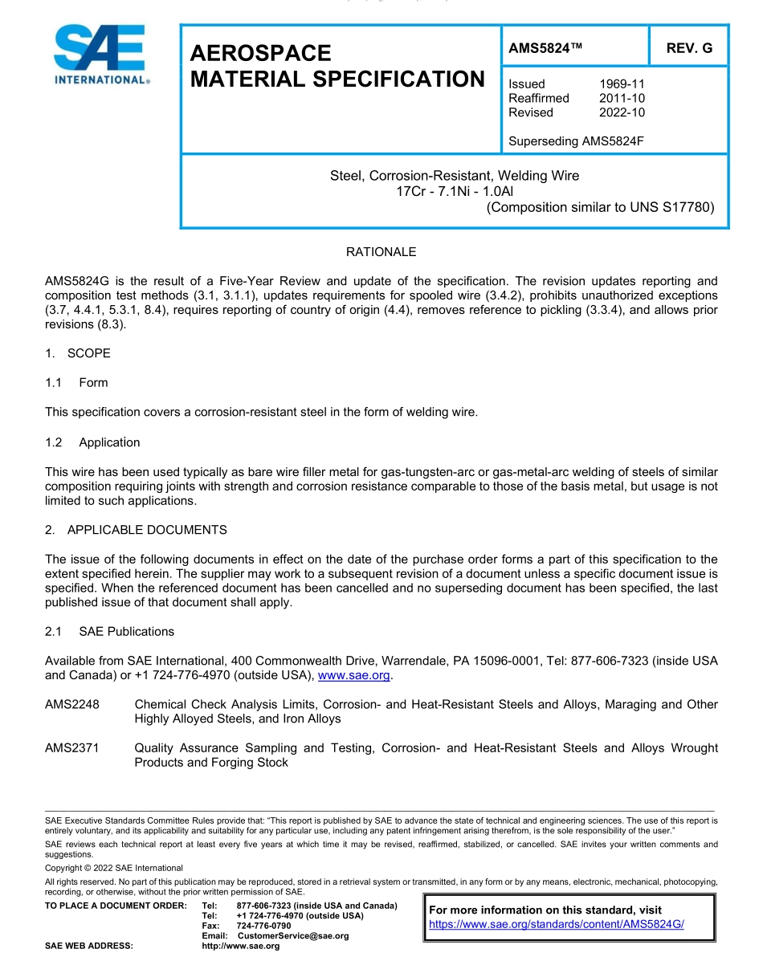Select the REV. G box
[689, 48]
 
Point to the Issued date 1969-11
[622, 83]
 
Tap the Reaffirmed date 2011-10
[622, 98]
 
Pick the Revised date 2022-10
[622, 112]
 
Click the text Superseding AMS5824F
[576, 141]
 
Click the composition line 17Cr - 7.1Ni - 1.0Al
[455, 191]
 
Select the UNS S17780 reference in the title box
[677, 207]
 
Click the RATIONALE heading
[381, 252]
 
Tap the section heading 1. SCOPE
[78, 353]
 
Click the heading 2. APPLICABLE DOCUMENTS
[136, 530]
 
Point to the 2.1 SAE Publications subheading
[109, 632]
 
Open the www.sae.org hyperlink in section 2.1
[354, 676]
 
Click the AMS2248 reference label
[72, 705]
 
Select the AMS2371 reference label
[72, 748]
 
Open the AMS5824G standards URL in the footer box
[556, 924]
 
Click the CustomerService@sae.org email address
[293, 936]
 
